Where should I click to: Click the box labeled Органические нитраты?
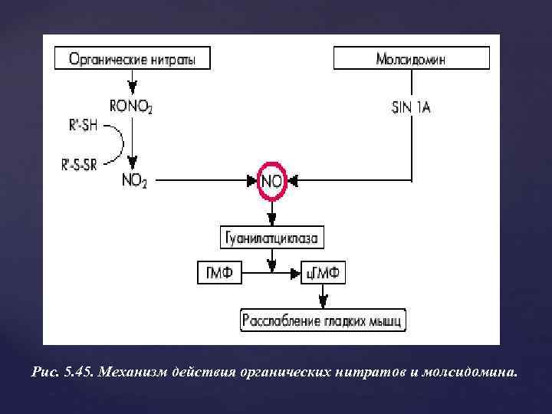132,58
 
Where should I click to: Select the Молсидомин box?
412,58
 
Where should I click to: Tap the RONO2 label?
132,107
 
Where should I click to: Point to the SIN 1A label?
411,107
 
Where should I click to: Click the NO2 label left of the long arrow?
133,181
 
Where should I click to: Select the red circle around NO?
273,182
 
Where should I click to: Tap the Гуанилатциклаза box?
273,238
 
